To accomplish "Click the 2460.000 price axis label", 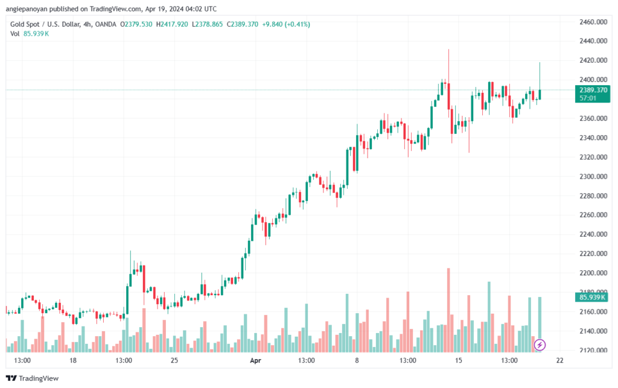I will click(x=593, y=22).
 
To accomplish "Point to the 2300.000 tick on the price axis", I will click(x=593, y=177).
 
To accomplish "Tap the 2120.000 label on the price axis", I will click(x=593, y=351).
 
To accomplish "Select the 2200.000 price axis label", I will click(x=593, y=273).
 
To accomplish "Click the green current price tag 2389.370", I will click(x=593, y=90).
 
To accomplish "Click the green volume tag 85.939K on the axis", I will click(x=593, y=297).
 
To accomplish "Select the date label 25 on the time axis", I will click(x=174, y=361).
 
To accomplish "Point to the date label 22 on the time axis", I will click(x=560, y=361).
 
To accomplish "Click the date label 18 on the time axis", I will click(x=73, y=361).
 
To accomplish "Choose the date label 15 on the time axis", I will click(x=459, y=361).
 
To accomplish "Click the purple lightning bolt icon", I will click(x=540, y=345).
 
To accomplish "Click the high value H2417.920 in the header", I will click(x=172, y=24).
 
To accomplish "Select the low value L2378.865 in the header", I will click(x=208, y=24).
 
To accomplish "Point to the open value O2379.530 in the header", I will click(x=136, y=24).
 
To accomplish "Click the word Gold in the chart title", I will click(x=19, y=24).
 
